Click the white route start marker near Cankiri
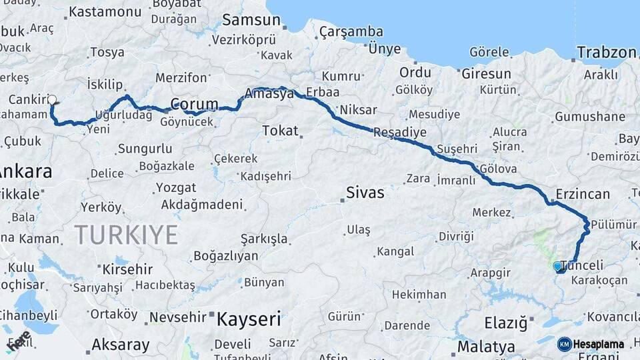(x=53, y=100)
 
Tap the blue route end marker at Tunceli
(x=557, y=266)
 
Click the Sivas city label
(x=365, y=193)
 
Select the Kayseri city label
(x=249, y=319)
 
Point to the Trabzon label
(x=607, y=53)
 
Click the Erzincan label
(x=580, y=194)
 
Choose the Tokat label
(x=280, y=131)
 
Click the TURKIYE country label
(x=126, y=235)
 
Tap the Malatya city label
(x=486, y=347)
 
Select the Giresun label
(x=487, y=73)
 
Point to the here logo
(x=18, y=341)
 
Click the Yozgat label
(x=176, y=187)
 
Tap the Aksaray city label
(x=120, y=345)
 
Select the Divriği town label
(x=456, y=237)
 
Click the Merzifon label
(x=181, y=78)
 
